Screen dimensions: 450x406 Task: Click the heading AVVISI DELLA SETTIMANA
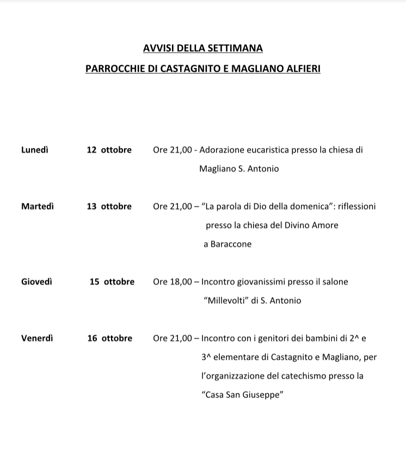[x=202, y=48]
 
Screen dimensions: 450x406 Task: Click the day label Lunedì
[x=34, y=150]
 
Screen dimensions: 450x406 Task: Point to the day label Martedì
[x=38, y=206]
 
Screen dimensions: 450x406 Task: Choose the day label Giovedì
[x=37, y=282]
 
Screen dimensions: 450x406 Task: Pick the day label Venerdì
[x=37, y=338]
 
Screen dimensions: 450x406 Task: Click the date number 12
[x=91, y=150]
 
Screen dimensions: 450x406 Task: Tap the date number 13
[x=91, y=206]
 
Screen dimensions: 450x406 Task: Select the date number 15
[x=95, y=282]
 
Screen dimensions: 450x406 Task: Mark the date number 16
[x=92, y=338]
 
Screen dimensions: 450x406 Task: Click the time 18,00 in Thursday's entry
[x=181, y=282]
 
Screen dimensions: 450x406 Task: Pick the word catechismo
[x=304, y=376]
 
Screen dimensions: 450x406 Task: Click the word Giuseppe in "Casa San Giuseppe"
[x=264, y=395]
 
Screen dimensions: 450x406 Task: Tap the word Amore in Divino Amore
[x=326, y=225]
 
